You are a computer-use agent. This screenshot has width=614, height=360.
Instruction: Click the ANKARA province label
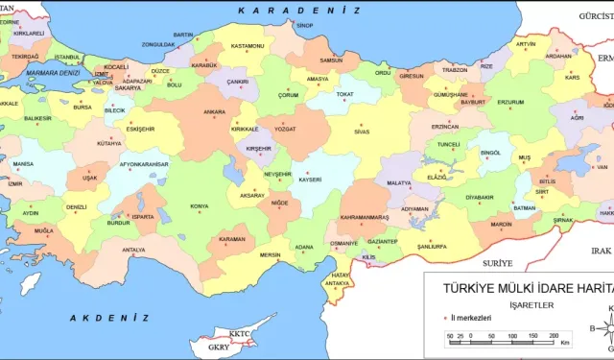coord(214,111)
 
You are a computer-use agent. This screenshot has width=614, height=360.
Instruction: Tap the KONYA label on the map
coord(200,205)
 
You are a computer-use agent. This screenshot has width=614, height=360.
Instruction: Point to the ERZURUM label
coord(509,102)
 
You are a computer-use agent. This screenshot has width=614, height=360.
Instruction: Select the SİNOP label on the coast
coord(305,26)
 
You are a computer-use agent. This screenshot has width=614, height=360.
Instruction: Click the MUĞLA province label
coord(44,231)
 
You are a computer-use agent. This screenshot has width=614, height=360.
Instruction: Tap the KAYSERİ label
coord(309,180)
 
